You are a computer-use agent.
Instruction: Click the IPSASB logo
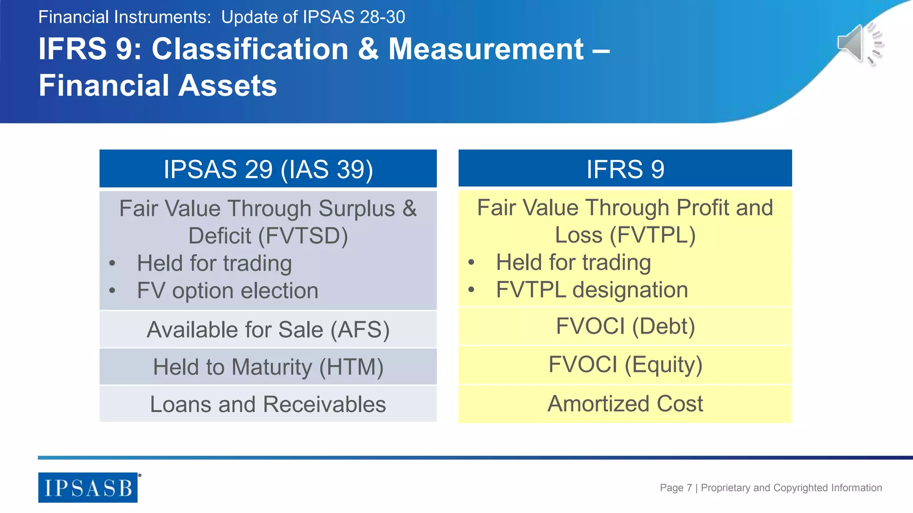[x=88, y=488]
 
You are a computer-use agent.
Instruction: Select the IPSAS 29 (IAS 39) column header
[x=268, y=169]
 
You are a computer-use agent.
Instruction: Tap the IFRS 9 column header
[x=625, y=169]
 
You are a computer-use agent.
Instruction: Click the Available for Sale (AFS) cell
[x=268, y=330]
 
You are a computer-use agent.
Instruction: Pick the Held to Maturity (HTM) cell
[x=268, y=367]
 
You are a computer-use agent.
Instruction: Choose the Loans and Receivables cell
[x=268, y=404]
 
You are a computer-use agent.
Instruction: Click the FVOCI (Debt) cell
[x=625, y=326]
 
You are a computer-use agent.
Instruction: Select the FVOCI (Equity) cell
[x=625, y=365]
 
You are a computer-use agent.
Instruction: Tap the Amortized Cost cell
[x=625, y=404]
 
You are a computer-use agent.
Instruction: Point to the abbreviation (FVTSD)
[x=303, y=236]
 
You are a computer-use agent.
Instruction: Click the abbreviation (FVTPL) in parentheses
[x=653, y=235]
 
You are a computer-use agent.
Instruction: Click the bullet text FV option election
[x=227, y=291]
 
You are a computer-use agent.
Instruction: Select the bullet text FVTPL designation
[x=592, y=290]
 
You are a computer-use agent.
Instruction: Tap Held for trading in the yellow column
[x=573, y=262]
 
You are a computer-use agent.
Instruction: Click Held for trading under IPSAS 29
[x=214, y=263]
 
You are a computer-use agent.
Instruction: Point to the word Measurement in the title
[x=486, y=49]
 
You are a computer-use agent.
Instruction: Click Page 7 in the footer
[x=675, y=488]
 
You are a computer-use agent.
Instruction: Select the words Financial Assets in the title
[x=158, y=85]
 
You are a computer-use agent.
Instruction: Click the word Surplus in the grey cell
[x=357, y=208]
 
